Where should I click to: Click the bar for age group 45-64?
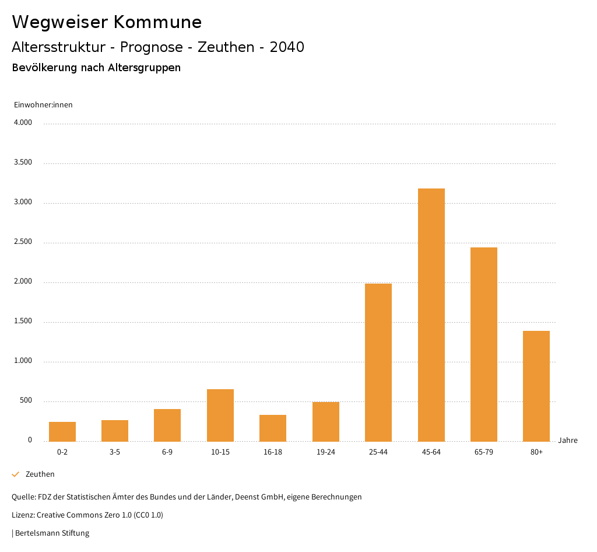pos(431,315)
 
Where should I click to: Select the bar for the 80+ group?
pos(536,386)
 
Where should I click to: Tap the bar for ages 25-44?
pos(378,362)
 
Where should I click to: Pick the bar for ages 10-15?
pos(220,415)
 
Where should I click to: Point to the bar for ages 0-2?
pos(62,432)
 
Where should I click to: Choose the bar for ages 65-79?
pos(484,344)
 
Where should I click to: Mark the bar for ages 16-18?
pos(273,428)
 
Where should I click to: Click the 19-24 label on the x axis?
pos(325,452)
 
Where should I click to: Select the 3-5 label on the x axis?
pos(115,452)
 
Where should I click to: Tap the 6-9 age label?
pos(167,452)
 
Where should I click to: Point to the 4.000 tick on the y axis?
pos(23,123)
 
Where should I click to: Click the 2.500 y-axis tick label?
pos(23,242)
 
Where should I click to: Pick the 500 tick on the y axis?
pos(26,401)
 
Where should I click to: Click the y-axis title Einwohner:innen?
pos(43,105)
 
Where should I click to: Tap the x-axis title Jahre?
pos(568,441)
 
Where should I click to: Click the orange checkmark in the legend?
pos(16,474)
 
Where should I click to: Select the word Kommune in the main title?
pos(157,22)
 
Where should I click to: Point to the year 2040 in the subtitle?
pos(287,47)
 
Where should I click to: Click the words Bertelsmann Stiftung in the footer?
pos(52,533)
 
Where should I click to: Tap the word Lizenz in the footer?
pos(23,515)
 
